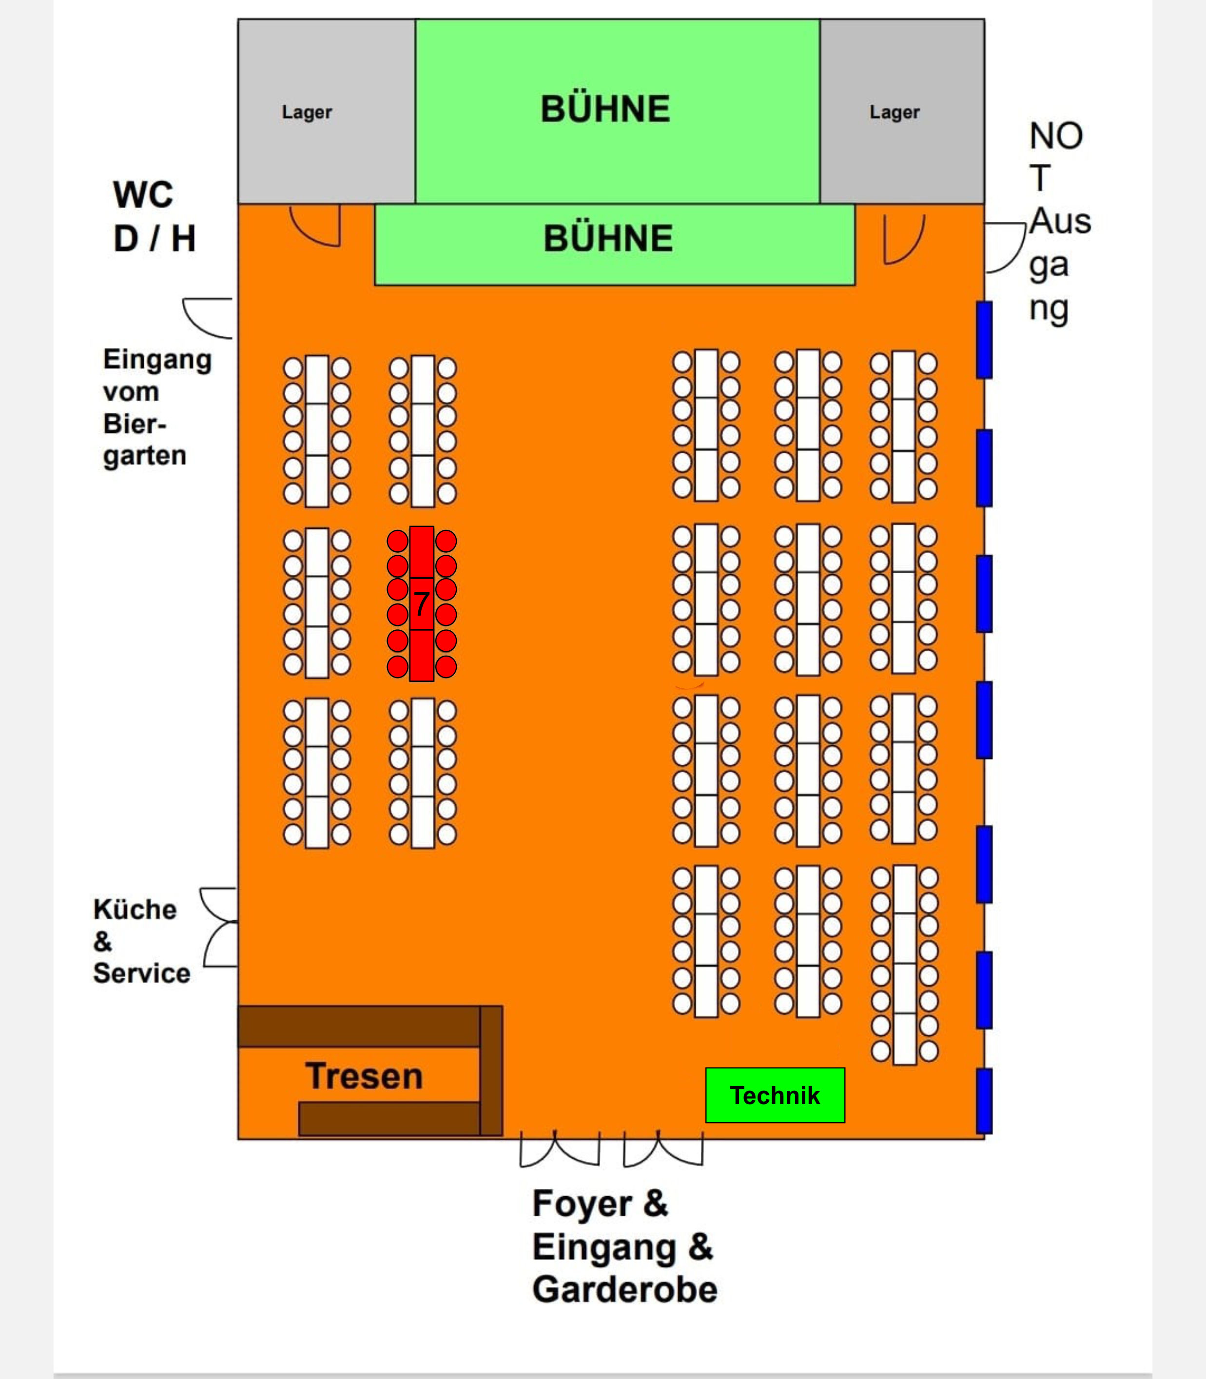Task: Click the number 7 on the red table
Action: (x=421, y=603)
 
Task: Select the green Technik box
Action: (x=775, y=1095)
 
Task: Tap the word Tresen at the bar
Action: (x=364, y=1075)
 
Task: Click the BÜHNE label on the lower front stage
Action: (x=608, y=238)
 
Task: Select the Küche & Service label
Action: (x=141, y=941)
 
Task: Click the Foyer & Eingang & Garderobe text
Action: (x=624, y=1246)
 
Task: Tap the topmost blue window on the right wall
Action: (x=984, y=339)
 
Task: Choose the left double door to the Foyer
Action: (x=559, y=1149)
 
